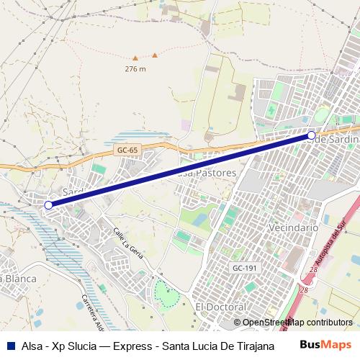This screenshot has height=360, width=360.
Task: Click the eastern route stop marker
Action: (x=311, y=135)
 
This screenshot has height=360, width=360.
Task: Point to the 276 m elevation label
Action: (x=135, y=69)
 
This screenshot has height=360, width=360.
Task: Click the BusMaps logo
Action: (x=325, y=344)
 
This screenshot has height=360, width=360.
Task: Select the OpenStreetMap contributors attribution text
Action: (x=297, y=323)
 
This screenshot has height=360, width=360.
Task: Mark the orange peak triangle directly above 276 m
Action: (x=154, y=55)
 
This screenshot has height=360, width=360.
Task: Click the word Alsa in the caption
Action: (x=32, y=345)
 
